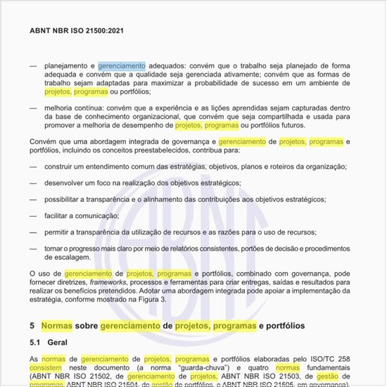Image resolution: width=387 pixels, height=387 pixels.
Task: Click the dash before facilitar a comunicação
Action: tap(33, 216)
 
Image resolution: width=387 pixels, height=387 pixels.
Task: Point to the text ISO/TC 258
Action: tap(329, 359)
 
